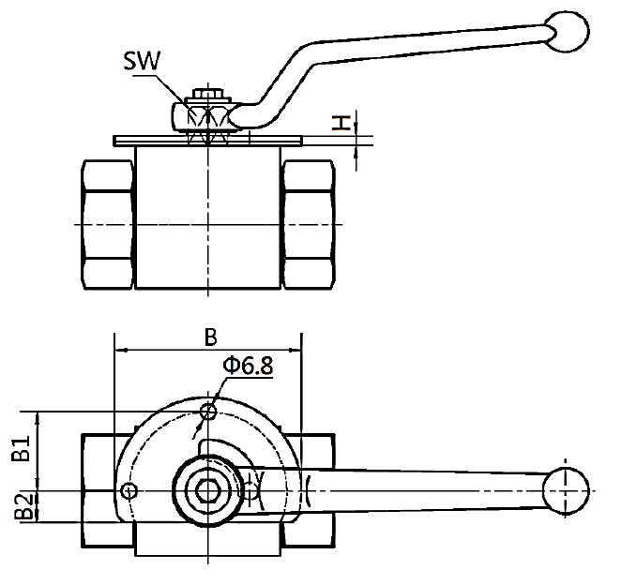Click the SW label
(142, 61)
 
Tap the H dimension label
(341, 123)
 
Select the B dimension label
(211, 337)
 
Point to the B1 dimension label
(22, 448)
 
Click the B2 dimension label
(23, 506)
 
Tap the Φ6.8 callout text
(248, 366)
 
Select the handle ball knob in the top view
(566, 491)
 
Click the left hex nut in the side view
(107, 224)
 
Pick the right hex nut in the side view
(309, 224)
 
